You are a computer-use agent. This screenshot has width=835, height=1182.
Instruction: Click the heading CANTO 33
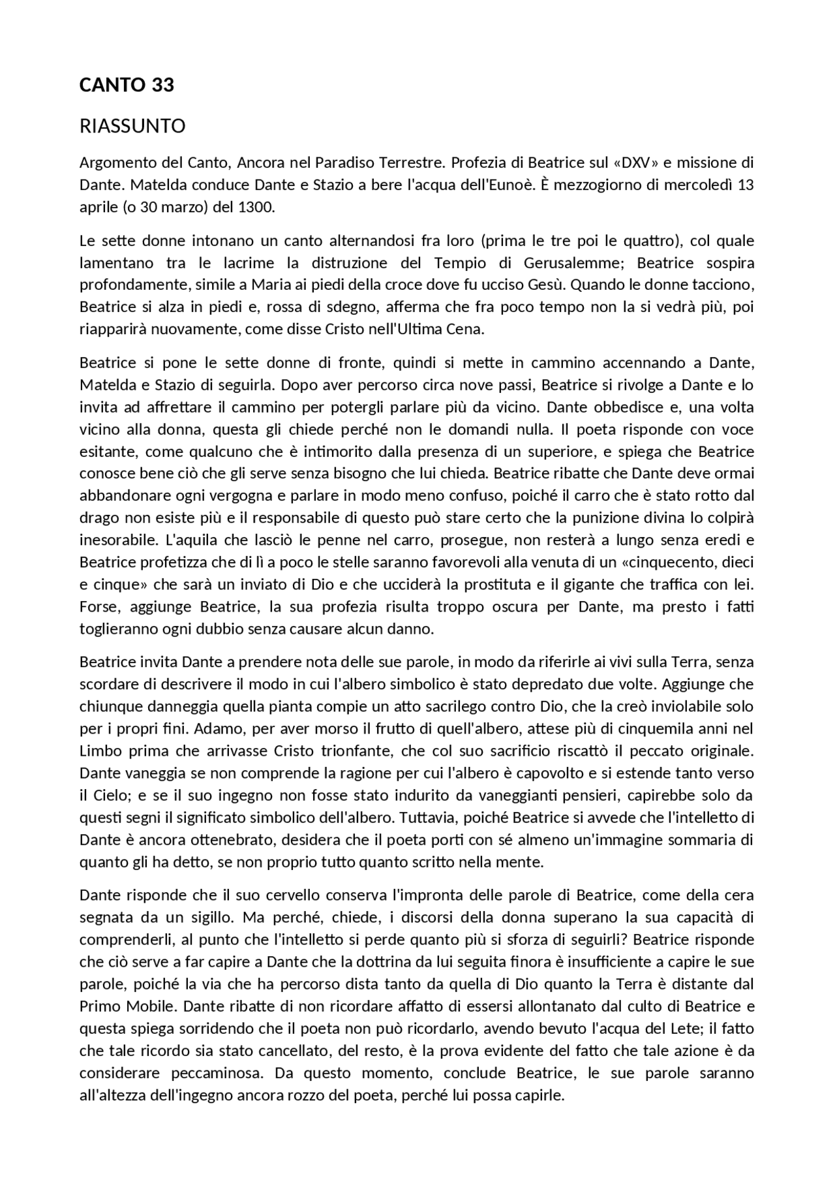(x=127, y=85)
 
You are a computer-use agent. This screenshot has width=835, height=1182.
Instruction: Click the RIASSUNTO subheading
(x=132, y=126)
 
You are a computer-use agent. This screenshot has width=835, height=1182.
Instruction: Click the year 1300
(x=256, y=208)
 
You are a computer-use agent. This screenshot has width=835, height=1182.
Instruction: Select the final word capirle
(x=539, y=1095)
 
